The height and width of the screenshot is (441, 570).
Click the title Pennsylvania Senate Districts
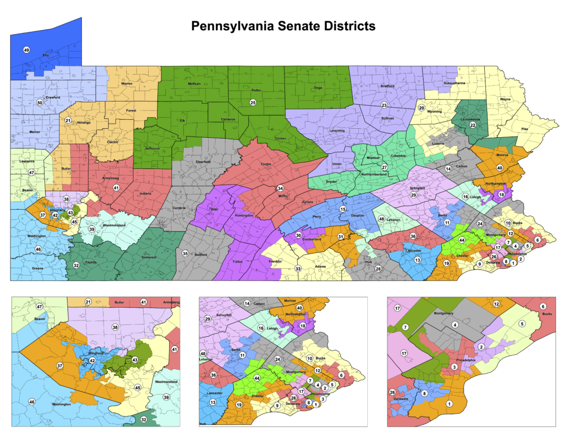[x=283, y=26]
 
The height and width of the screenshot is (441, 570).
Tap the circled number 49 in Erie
[x=26, y=50]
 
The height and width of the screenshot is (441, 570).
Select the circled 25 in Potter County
[x=252, y=102]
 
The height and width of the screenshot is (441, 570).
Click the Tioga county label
[x=318, y=88]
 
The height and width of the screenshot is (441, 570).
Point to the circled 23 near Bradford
[x=384, y=105]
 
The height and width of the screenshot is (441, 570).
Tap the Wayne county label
[x=505, y=99]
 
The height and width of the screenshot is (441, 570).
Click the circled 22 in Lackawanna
[x=473, y=125]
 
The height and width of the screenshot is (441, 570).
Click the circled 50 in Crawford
[x=40, y=103]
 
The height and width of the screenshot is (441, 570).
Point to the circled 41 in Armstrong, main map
[x=116, y=187]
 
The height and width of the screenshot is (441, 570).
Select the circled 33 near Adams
[x=298, y=269]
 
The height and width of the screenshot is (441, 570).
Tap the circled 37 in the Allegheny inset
[x=60, y=366]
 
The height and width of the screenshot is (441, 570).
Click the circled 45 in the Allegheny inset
[x=137, y=388]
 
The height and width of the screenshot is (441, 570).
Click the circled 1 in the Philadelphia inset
[x=449, y=403]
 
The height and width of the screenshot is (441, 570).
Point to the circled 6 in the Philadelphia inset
[x=542, y=306]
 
